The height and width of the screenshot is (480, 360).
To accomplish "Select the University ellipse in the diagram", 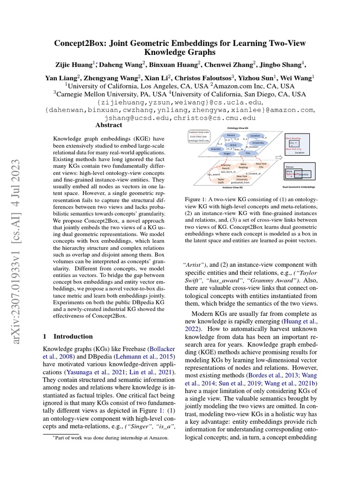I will coord(258,142).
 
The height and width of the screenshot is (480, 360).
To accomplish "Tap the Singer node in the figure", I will coord(227,153).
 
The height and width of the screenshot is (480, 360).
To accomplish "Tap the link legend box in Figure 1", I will coord(198,136).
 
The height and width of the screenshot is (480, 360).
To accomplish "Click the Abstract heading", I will coord(108,125).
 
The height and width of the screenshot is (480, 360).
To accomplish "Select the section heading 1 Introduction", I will coord(68,336).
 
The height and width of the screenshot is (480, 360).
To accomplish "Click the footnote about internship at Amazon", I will coord(107,437).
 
